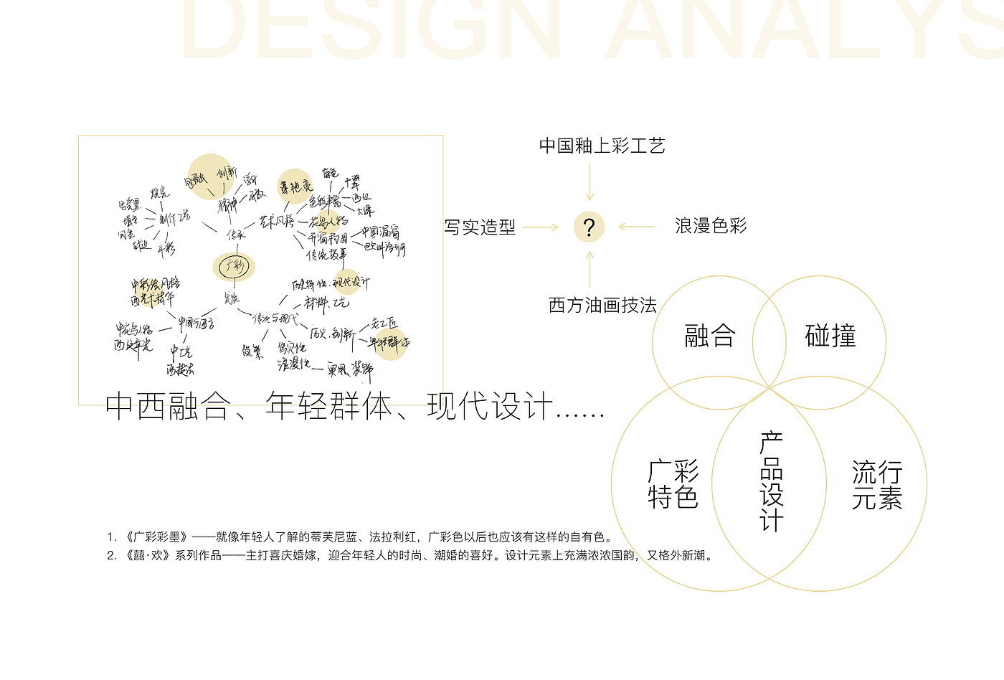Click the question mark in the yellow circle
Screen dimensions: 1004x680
(589, 227)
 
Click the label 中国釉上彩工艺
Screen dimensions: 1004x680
(602, 146)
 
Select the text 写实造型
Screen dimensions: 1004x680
(480, 227)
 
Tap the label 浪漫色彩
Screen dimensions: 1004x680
(711, 227)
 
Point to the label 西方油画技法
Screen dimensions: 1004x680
(602, 306)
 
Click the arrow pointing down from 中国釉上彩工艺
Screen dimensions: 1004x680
(589, 183)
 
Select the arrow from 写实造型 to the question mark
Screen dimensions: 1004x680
(540, 227)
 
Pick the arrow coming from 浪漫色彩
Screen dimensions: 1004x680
(636, 227)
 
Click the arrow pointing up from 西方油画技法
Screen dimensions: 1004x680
(589, 269)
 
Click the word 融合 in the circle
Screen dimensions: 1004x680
(710, 336)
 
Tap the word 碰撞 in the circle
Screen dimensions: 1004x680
(830, 336)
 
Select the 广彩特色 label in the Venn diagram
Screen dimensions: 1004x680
(673, 484)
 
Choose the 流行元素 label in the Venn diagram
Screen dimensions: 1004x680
(876, 486)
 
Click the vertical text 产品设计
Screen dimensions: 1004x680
(772, 481)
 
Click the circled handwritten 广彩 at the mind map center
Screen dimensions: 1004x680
(235, 267)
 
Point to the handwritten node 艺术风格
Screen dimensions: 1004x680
(276, 221)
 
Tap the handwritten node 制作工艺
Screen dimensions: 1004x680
(174, 217)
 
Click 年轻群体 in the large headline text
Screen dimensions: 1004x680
(328, 407)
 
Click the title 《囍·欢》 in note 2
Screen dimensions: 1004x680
(149, 555)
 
